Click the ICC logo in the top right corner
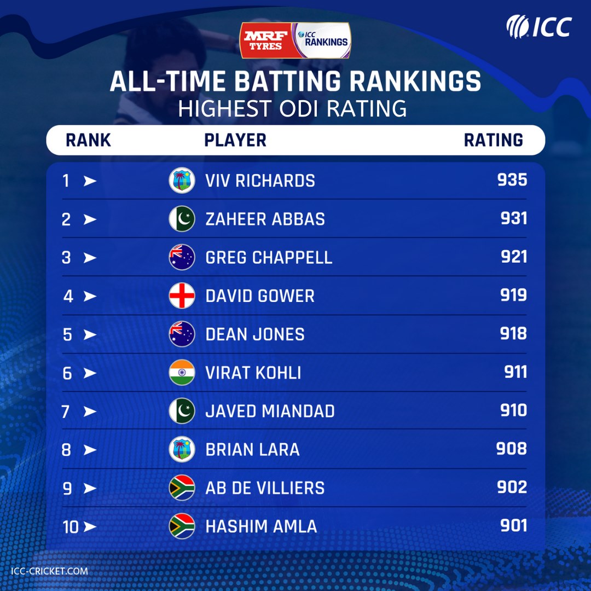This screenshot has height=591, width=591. click(x=539, y=26)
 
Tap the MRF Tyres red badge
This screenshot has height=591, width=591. click(x=266, y=40)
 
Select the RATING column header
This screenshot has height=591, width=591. click(x=494, y=140)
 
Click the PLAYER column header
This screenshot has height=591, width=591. click(x=235, y=140)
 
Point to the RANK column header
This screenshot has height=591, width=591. click(x=88, y=140)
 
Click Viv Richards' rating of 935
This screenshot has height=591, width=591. click(x=512, y=180)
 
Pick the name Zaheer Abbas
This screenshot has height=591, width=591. click(x=265, y=219)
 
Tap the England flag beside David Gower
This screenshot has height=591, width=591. click(x=182, y=296)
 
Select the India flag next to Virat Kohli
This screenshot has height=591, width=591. click(x=182, y=373)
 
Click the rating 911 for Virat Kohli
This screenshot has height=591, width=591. click(x=515, y=372)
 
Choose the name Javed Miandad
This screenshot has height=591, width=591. click(x=270, y=411)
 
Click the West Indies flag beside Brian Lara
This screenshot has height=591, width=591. click(x=182, y=450)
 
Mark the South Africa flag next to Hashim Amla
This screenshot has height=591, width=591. click(x=182, y=526)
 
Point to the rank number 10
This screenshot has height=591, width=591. click(x=71, y=527)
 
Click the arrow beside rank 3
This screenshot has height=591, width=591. click(x=90, y=258)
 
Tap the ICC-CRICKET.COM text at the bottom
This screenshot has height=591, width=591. click(x=49, y=571)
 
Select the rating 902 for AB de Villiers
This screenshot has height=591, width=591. click(x=512, y=488)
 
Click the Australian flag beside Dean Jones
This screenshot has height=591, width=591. click(x=182, y=334)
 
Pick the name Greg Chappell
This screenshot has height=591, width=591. click(x=269, y=258)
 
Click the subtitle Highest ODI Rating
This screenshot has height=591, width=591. click(x=292, y=108)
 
